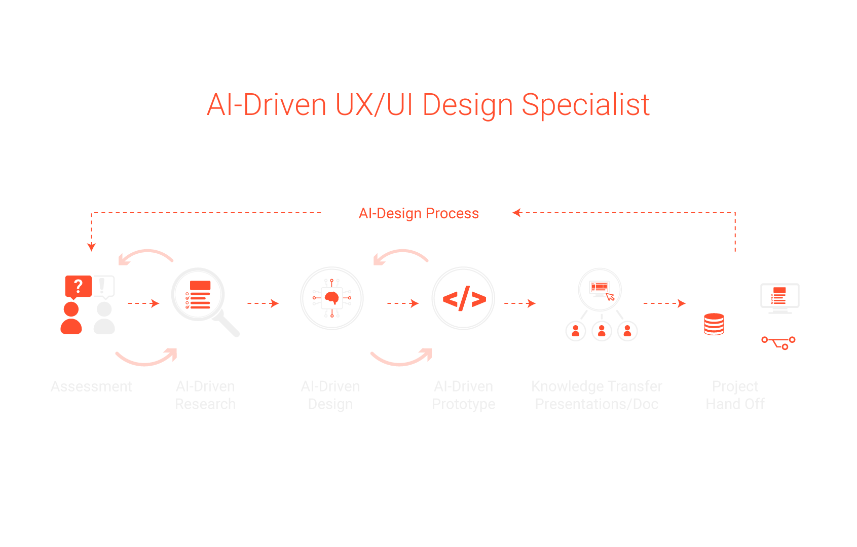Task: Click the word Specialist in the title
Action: tap(585, 105)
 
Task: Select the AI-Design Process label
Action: tap(418, 213)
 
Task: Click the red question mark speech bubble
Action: tap(78, 286)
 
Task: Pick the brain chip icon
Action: tap(332, 298)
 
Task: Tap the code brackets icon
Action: tap(463, 298)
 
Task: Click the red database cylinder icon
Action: tap(714, 324)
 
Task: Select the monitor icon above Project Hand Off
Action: tap(779, 297)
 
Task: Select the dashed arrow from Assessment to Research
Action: tap(143, 303)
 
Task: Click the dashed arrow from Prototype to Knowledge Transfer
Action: tap(520, 303)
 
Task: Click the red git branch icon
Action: tap(778, 343)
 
